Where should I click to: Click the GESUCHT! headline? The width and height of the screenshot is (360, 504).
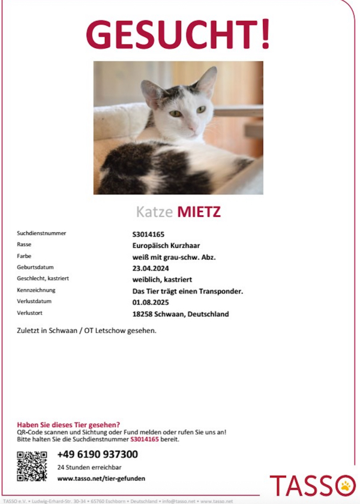[x=178, y=35]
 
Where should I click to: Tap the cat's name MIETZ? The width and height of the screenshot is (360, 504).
[x=199, y=212]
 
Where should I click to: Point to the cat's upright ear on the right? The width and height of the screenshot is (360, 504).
[x=206, y=82]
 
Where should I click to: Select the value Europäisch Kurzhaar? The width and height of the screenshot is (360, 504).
[x=166, y=245]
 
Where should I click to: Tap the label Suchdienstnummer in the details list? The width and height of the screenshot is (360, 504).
[x=41, y=233]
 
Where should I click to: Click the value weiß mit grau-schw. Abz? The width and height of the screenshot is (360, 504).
[x=174, y=257]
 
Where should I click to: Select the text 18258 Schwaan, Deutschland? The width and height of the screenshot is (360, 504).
[x=180, y=314]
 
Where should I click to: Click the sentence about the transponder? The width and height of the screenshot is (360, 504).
[x=187, y=291]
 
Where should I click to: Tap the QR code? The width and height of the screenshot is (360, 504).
[x=32, y=466]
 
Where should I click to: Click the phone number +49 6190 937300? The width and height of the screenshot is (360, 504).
[x=97, y=454]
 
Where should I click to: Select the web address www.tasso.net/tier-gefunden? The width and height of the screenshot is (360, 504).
[x=101, y=478]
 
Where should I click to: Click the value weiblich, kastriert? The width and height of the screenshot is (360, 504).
[x=162, y=280]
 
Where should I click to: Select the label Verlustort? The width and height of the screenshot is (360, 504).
[x=30, y=313]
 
